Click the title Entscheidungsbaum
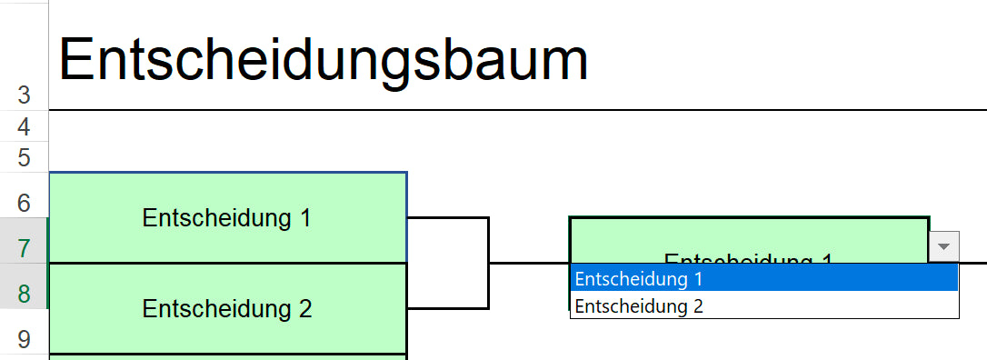(324, 61)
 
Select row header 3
(25, 95)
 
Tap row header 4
(25, 125)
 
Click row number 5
(25, 157)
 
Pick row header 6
(25, 201)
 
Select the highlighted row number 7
(25, 246)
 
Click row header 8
(25, 293)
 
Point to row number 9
(25, 339)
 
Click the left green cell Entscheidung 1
(227, 218)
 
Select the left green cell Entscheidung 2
(227, 309)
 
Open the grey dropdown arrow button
(944, 246)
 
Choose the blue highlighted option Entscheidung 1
(763, 278)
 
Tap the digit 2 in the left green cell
(305, 309)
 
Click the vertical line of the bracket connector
(489, 263)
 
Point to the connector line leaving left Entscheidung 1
(447, 218)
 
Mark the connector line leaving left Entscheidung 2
(447, 308)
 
